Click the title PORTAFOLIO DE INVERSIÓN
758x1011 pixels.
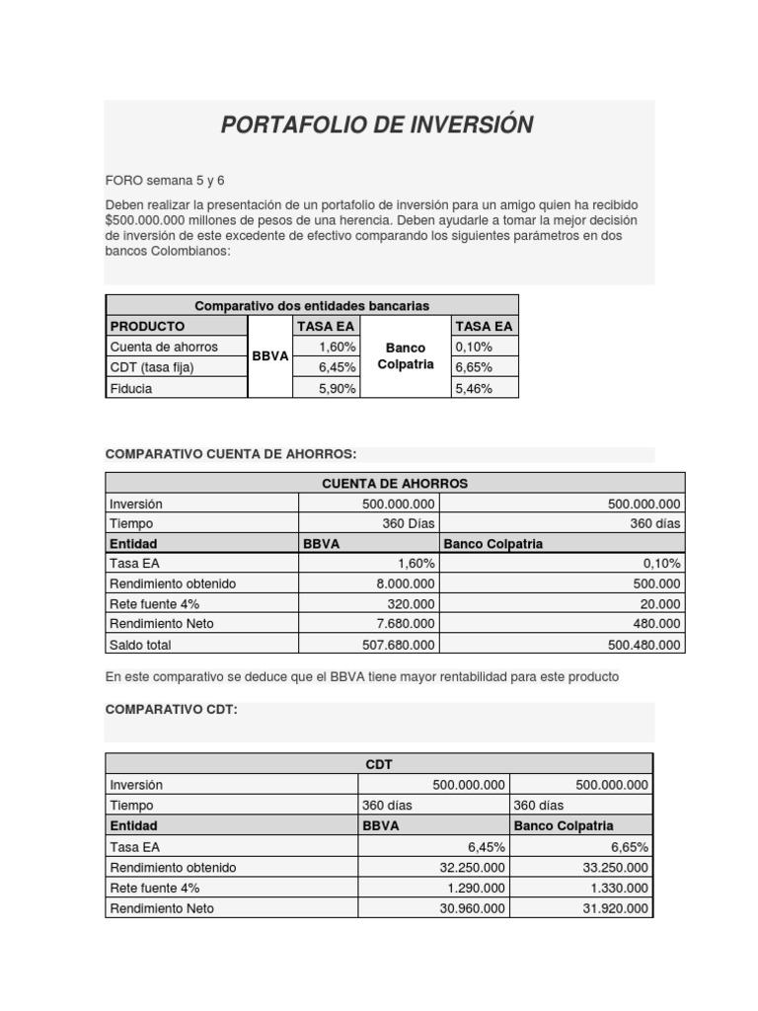point(377,124)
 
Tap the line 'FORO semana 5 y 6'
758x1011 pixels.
point(165,180)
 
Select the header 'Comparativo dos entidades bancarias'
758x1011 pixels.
point(311,305)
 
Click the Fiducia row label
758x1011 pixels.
point(131,388)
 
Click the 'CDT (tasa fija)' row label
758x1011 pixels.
point(152,367)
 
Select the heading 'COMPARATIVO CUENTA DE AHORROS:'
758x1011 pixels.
point(230,453)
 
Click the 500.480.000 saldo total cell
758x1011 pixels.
point(641,645)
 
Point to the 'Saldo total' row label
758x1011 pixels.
point(140,645)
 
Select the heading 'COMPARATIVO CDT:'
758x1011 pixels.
point(171,710)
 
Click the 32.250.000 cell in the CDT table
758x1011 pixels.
point(472,867)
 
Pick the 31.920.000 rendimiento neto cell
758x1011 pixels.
point(615,908)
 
